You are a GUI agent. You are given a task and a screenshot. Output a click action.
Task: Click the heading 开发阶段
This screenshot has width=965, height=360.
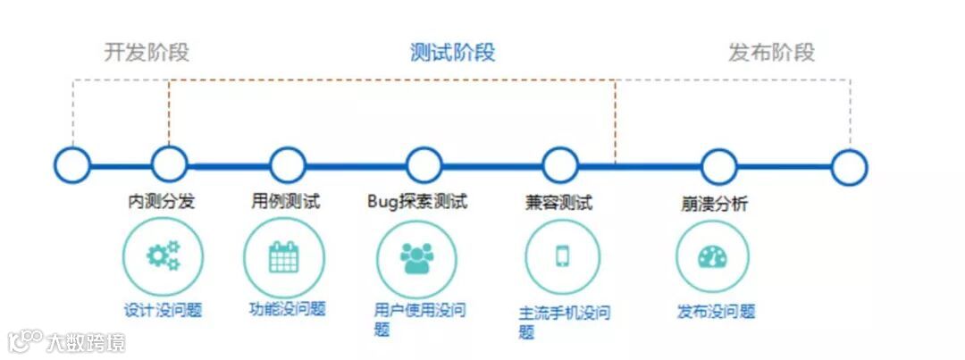tap(147, 52)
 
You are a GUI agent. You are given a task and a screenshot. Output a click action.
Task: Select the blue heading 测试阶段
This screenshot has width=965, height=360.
tap(452, 52)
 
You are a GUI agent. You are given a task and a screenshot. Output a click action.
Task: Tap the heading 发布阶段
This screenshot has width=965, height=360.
tap(771, 52)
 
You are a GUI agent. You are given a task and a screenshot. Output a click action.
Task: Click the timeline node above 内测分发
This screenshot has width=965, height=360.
tap(169, 164)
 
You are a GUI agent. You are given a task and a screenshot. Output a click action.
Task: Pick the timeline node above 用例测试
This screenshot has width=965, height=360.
tap(287, 165)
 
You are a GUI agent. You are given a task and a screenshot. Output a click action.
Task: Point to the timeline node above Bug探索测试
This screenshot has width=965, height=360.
tap(424, 165)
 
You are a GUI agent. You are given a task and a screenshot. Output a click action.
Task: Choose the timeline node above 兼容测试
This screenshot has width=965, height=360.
tap(559, 165)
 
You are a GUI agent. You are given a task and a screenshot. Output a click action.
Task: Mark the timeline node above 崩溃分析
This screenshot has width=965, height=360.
tap(718, 166)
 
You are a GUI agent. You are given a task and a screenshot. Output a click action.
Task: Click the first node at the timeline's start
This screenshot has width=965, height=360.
tap(72, 164)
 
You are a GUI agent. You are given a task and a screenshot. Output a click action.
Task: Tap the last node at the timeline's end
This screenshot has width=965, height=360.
tap(849, 167)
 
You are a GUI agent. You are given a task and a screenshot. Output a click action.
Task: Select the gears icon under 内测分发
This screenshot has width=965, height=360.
tap(163, 256)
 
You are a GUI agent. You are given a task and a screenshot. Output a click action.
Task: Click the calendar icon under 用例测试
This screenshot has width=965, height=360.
tap(284, 257)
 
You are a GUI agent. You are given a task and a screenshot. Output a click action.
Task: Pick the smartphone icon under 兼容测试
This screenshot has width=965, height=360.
tap(562, 256)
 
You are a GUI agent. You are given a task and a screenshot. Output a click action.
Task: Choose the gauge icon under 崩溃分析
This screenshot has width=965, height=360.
tap(712, 257)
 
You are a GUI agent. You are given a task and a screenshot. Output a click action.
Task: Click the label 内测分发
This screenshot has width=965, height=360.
tap(162, 202)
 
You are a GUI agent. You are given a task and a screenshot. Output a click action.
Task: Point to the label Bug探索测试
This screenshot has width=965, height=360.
tap(417, 202)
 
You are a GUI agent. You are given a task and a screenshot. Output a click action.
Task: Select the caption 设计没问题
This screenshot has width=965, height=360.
tap(163, 311)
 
